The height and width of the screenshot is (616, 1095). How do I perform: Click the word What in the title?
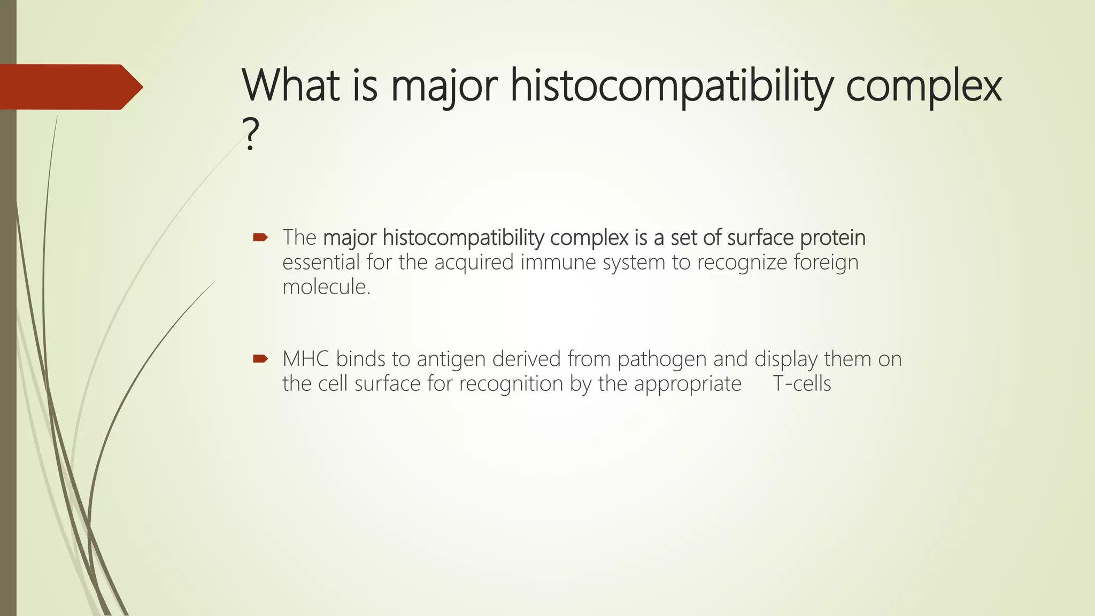point(290,86)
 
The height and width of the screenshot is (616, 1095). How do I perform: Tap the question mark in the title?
point(250,135)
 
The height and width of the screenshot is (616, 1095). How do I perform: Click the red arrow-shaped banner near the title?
point(70,87)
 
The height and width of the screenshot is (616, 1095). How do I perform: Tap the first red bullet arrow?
point(260,237)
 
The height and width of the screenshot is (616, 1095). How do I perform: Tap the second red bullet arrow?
point(260,359)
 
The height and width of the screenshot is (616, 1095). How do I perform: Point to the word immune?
point(558,263)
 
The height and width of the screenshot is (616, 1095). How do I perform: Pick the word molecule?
point(326,287)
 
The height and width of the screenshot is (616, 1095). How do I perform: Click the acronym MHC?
point(305,359)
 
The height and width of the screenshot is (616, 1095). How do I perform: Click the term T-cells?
point(801,384)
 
